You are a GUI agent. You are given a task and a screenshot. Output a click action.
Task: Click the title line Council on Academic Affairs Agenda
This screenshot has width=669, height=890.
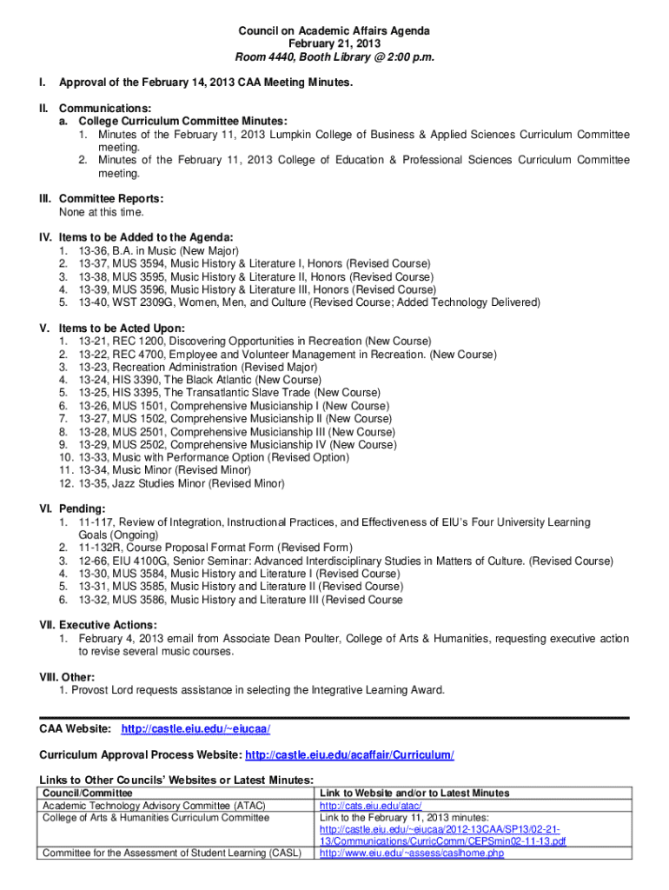pos(334,31)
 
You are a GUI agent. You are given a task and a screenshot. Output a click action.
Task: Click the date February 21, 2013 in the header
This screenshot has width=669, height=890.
pos(334,44)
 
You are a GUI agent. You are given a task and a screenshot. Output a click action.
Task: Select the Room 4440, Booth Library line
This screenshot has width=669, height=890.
pos(334,57)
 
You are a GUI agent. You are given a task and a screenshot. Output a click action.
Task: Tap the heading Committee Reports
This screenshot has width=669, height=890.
pos(111,199)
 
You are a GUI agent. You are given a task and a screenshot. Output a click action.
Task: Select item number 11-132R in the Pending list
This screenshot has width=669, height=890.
pos(99,548)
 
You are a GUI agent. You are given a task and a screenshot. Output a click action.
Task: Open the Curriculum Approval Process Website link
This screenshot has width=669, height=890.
pos(350,754)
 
